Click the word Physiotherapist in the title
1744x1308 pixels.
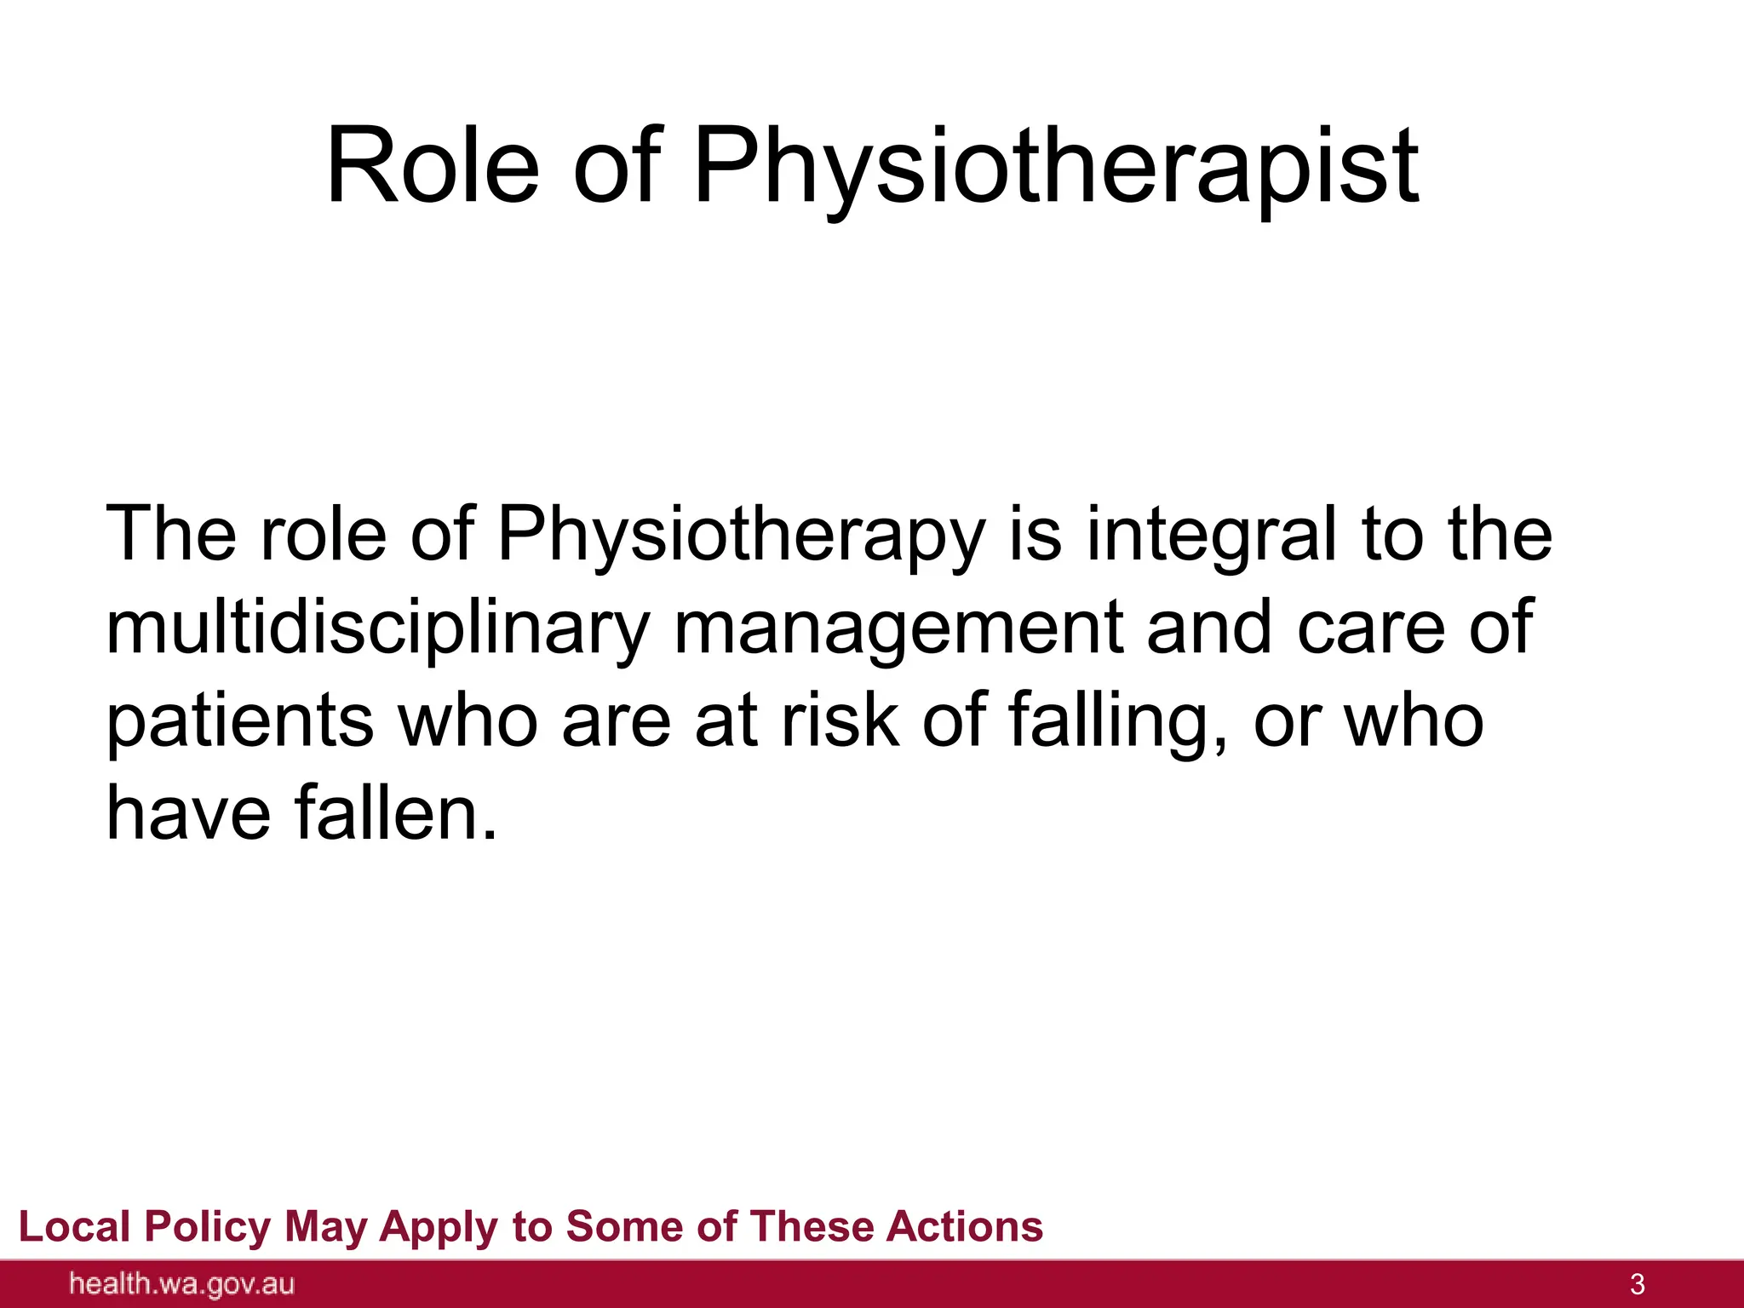(1056, 168)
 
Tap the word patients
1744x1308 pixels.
(239, 722)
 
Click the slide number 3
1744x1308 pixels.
(1637, 1284)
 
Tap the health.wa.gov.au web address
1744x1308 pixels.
(182, 1284)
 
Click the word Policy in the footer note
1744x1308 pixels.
(207, 1227)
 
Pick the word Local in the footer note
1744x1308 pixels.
(74, 1227)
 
